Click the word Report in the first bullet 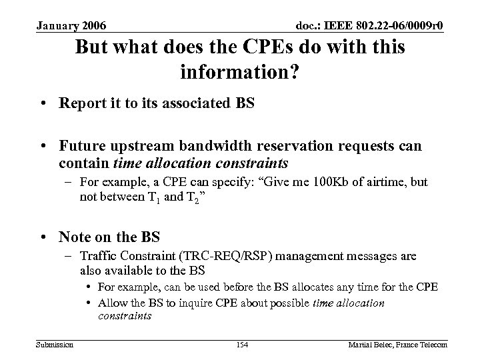78,105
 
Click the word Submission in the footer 55,344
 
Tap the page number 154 242,344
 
